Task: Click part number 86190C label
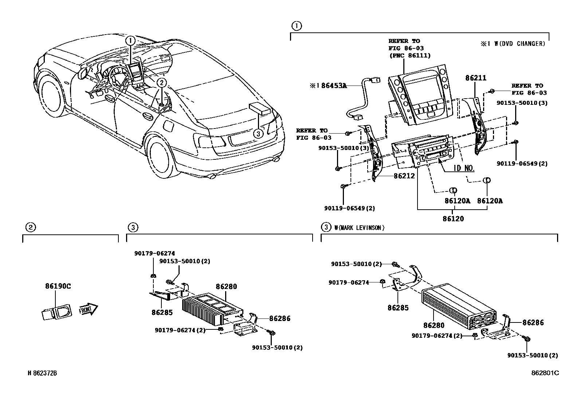[58, 286]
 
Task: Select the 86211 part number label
[475, 78]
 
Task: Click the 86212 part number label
[404, 176]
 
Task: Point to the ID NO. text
[464, 168]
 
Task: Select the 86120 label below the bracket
[453, 219]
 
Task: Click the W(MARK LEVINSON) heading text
[359, 228]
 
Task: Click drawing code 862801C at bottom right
[545, 373]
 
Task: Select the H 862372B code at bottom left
[43, 373]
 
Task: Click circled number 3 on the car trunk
[258, 134]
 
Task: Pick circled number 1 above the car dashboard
[131, 40]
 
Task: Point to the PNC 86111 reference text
[409, 56]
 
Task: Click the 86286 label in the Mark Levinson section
[533, 322]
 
